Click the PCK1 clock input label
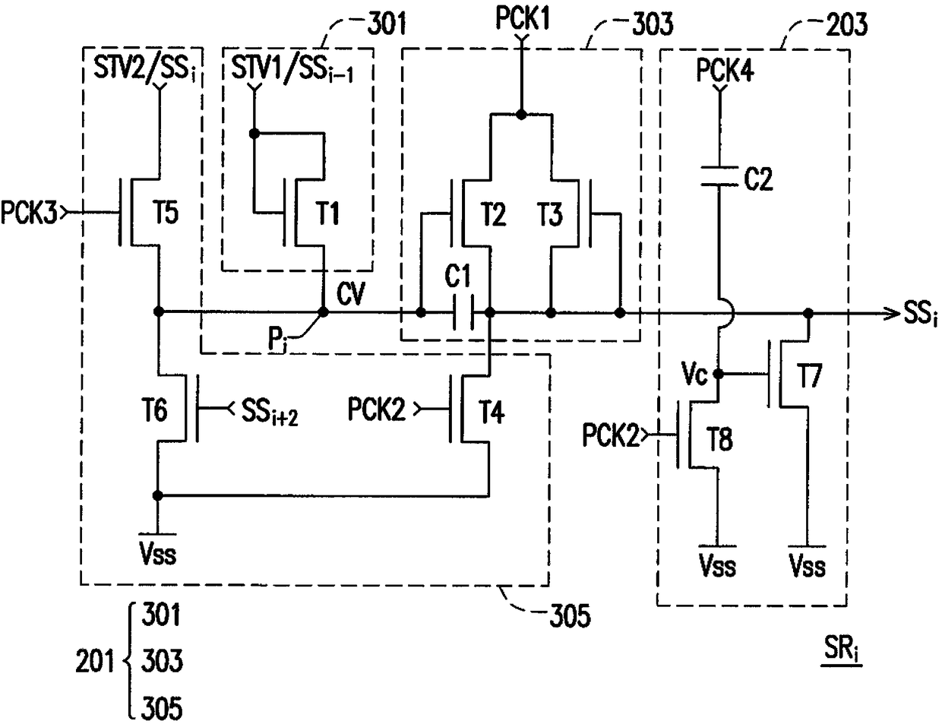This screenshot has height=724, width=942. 523,20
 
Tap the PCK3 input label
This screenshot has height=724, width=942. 29,213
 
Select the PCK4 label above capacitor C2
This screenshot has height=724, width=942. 725,70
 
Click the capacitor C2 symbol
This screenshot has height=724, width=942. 719,176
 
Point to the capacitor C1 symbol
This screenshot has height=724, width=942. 463,312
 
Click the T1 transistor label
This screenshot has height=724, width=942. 328,213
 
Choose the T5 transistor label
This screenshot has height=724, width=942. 166,213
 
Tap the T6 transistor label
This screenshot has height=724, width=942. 154,409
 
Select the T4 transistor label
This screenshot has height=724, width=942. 492,412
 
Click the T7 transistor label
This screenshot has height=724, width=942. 809,375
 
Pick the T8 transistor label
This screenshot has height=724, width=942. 719,439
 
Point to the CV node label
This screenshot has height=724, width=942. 351,294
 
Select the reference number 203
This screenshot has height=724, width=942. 846,24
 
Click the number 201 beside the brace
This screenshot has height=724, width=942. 94,661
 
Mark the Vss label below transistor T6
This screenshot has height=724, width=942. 158,554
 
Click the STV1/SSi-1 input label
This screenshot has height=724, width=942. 292,69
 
